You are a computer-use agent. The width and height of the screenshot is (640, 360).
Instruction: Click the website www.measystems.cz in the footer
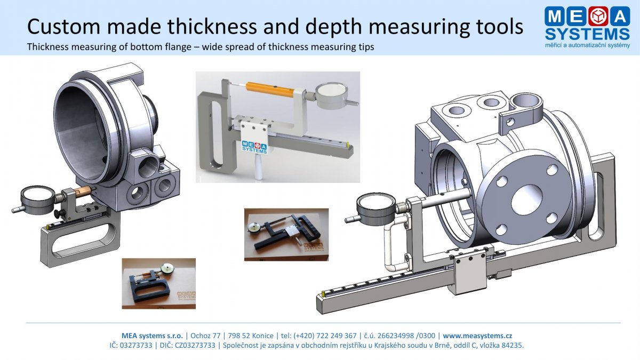(x=477, y=335)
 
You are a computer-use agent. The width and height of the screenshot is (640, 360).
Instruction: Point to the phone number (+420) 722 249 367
(x=325, y=335)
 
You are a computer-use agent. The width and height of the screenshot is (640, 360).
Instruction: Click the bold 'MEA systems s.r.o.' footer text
(x=153, y=335)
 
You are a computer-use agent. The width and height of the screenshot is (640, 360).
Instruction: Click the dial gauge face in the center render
(x=331, y=91)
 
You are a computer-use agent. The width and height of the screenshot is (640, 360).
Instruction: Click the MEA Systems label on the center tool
(x=254, y=147)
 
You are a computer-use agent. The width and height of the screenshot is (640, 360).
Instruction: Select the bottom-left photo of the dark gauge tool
(x=159, y=283)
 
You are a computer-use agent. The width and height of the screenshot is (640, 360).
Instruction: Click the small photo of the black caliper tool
(x=286, y=234)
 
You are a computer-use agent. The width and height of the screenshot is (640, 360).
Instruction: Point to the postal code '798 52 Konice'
(x=251, y=335)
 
